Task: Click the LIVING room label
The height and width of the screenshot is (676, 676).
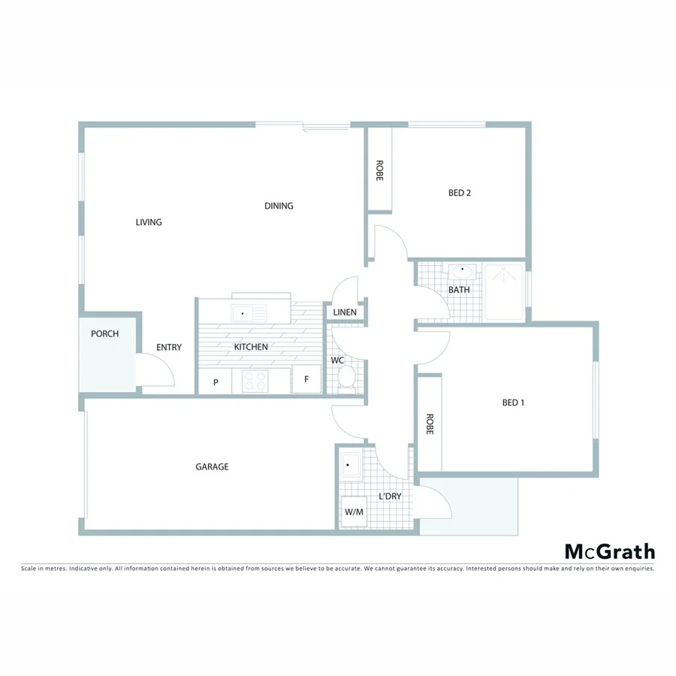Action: click(149, 222)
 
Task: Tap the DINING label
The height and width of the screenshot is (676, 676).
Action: click(279, 206)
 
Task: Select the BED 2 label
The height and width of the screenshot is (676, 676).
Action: click(460, 193)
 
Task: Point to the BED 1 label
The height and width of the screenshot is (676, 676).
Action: click(513, 403)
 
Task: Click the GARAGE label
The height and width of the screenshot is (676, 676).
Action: click(212, 467)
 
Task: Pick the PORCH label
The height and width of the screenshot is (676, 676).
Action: click(105, 334)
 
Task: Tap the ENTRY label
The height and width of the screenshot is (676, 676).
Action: click(169, 347)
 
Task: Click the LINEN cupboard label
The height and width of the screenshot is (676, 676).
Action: click(345, 312)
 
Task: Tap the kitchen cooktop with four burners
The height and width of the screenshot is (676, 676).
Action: click(255, 381)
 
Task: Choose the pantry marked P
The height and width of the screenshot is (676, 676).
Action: click(216, 382)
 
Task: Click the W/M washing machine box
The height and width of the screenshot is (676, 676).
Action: click(354, 512)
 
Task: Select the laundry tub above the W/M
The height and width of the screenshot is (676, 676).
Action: click(352, 467)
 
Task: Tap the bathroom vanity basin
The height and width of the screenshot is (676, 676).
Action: click(461, 271)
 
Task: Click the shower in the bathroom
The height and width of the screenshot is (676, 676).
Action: click(505, 292)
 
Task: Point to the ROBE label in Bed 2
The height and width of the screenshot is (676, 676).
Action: click(379, 171)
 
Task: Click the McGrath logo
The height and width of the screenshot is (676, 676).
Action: click(609, 552)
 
